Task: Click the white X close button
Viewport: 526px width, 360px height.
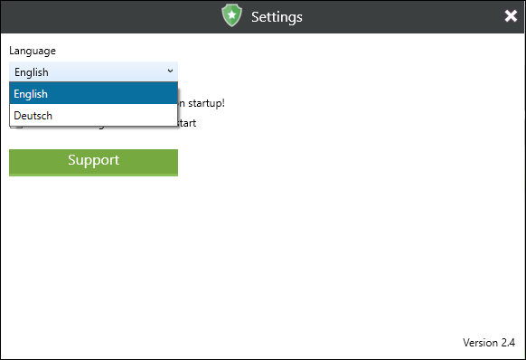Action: pos(511,16)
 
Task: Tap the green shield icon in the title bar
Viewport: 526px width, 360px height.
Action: pos(232,16)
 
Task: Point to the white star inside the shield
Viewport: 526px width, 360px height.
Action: pos(232,15)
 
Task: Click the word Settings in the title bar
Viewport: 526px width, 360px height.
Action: pos(277,16)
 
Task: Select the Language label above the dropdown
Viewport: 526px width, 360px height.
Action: pos(33,51)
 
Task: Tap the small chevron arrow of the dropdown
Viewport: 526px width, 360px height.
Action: pos(170,71)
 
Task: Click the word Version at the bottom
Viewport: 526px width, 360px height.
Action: pos(480,343)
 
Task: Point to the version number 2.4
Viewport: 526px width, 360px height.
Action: pos(508,343)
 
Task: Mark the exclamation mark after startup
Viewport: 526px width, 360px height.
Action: pos(222,103)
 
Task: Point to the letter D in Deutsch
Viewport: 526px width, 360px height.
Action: pos(18,116)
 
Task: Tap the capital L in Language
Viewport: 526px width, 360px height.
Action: pos(12,51)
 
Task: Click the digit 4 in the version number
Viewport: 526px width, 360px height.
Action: pos(512,343)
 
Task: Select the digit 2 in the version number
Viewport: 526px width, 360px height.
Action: pos(503,343)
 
